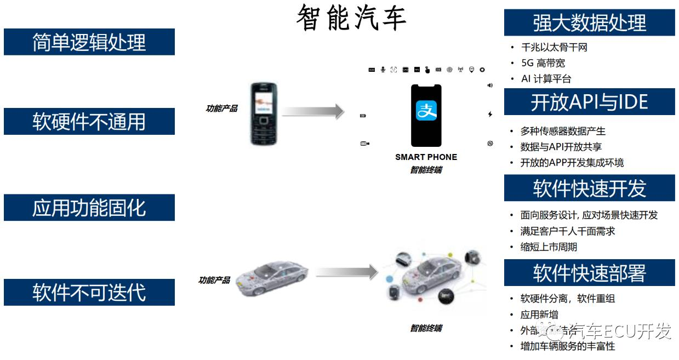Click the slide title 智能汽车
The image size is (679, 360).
[351, 18]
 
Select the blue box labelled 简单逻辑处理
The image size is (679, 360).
[89, 42]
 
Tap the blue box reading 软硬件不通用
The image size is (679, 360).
[89, 122]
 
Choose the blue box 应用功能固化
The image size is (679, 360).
[89, 208]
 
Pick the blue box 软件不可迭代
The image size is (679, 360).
[89, 292]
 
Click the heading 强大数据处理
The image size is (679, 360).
[589, 23]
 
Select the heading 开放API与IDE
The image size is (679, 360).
[589, 102]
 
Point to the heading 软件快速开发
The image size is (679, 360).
[589, 188]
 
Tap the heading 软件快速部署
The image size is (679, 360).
[589, 273]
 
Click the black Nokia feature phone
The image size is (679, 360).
[264, 113]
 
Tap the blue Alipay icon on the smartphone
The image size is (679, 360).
[426, 111]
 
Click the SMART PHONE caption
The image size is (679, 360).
[426, 157]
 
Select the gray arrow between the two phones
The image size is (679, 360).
[313, 111]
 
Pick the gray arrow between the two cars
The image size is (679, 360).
[347, 272]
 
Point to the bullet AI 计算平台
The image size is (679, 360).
[546, 79]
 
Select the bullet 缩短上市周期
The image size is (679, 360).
[549, 247]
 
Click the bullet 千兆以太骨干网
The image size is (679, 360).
[554, 48]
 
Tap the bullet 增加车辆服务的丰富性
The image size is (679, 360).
[567, 346]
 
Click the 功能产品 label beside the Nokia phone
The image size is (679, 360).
[221, 108]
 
